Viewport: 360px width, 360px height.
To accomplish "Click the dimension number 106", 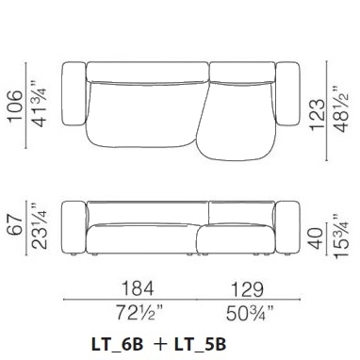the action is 15,106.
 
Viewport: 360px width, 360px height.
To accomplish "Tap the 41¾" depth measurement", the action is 40,104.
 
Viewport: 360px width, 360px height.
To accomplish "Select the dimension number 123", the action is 317,115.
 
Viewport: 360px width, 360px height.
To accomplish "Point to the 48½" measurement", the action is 341,109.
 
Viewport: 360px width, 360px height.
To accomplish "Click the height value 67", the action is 15,224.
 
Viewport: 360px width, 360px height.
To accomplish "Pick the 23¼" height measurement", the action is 40,226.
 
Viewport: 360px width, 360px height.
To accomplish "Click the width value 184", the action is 138,288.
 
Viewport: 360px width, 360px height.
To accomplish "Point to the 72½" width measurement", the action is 139,313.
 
